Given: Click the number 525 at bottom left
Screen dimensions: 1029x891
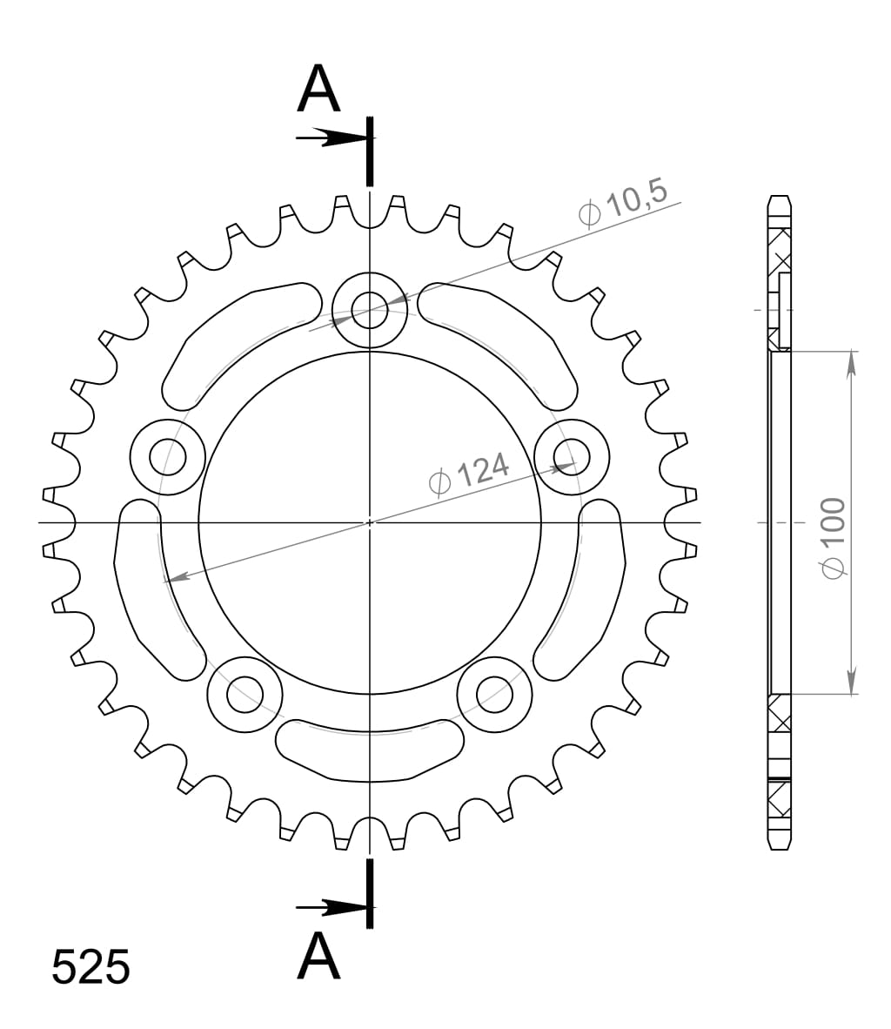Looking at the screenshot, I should [x=91, y=967].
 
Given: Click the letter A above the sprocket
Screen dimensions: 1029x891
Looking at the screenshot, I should [x=318, y=90].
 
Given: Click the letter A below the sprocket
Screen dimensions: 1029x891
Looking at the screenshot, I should [x=318, y=956].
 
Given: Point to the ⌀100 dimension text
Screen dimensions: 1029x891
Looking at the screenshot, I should [x=832, y=537].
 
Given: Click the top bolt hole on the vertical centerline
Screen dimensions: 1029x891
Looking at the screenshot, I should [x=370, y=307].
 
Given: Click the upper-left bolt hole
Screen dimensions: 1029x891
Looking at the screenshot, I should [x=167, y=455].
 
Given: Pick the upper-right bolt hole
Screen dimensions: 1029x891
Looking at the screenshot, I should [x=572, y=455].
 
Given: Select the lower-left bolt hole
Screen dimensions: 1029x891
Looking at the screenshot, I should [x=245, y=694].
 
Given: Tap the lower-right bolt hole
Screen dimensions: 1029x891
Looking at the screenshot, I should [x=495, y=694].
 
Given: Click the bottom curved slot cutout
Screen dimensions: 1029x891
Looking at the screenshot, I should [x=370, y=748].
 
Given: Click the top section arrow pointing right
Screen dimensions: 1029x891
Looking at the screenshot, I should [x=331, y=138].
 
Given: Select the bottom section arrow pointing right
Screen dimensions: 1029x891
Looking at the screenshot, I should [x=331, y=908].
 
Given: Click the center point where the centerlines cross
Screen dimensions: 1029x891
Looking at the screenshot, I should [x=370, y=522].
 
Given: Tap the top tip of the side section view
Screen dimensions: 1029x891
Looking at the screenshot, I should [x=780, y=197].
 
